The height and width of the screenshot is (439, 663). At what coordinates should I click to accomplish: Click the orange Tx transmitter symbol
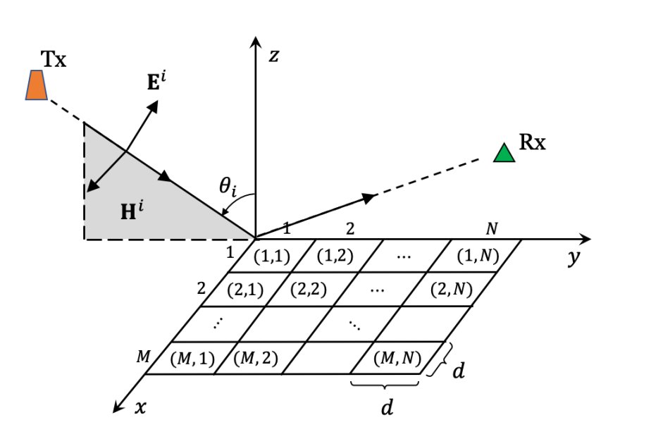point(37,85)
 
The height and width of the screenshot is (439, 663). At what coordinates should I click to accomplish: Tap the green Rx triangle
point(504,153)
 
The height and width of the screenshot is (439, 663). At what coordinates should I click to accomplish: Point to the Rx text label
point(532,142)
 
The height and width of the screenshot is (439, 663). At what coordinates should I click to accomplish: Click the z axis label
point(274,56)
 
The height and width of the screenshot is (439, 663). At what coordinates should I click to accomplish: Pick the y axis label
point(574,256)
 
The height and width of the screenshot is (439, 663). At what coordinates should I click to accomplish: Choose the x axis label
point(141,407)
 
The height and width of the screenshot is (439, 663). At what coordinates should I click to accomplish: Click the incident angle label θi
point(228,186)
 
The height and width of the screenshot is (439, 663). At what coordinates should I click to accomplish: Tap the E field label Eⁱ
point(156,81)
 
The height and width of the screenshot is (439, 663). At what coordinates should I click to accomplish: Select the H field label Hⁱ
point(132,211)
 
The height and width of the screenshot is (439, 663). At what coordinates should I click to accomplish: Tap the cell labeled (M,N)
point(397,358)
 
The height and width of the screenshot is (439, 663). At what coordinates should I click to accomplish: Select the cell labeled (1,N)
point(478,256)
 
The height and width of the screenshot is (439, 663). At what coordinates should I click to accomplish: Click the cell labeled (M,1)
point(192,359)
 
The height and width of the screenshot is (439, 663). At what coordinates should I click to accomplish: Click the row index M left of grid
point(143,357)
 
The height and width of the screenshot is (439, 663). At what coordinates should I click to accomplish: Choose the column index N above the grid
point(492,229)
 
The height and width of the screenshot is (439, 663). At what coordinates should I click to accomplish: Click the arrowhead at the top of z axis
point(255,42)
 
